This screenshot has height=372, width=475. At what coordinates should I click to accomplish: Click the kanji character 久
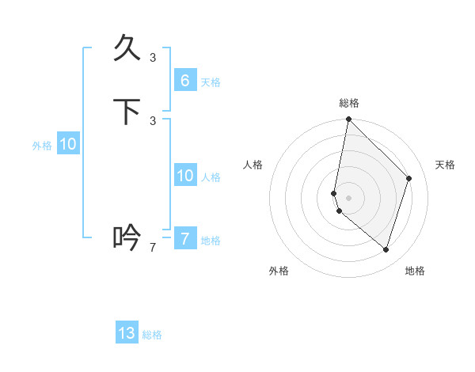(x=127, y=49)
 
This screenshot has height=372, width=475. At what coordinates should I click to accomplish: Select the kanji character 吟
(x=127, y=237)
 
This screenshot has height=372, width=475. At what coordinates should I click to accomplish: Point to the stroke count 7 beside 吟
(x=153, y=248)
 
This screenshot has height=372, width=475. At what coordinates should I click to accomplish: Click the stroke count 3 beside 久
(x=153, y=57)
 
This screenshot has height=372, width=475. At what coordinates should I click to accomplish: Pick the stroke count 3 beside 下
(x=153, y=120)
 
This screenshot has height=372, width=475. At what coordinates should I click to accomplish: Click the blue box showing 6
(x=184, y=80)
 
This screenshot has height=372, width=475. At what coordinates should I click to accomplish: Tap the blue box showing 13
(x=127, y=333)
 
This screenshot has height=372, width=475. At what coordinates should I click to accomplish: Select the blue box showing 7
(x=184, y=238)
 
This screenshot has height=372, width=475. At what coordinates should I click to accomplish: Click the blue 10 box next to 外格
(x=68, y=144)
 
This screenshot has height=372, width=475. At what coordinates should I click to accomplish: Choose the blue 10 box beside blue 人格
(x=184, y=176)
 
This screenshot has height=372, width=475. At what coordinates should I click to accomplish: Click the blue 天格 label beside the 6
(x=211, y=82)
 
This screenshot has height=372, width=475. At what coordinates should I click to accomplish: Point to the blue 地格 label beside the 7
(x=211, y=241)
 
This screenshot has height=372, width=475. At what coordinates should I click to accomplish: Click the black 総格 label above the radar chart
(x=349, y=103)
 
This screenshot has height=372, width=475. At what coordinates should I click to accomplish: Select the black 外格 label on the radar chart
(x=279, y=271)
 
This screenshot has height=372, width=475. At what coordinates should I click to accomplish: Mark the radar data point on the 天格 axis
(x=409, y=178)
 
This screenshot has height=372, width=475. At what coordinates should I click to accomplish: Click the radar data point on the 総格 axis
(x=348, y=119)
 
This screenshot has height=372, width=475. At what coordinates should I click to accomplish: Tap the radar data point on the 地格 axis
(x=386, y=249)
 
